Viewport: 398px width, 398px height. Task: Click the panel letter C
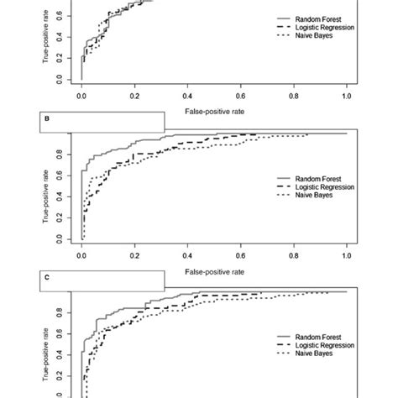coord(47,277)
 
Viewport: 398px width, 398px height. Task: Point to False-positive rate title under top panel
coord(214,109)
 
